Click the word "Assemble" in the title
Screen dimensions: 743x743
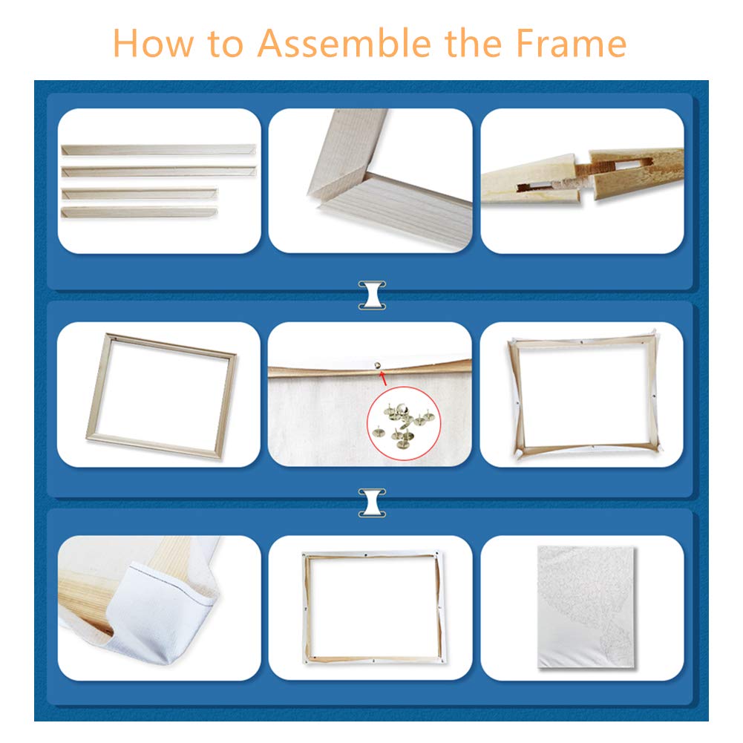(x=344, y=43)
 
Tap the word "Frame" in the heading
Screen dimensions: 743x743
(x=571, y=43)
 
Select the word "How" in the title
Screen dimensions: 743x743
(x=154, y=43)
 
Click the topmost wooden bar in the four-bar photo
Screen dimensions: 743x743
(x=158, y=150)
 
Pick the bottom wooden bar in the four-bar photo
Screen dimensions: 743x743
(x=139, y=212)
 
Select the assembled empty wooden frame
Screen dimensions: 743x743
(x=162, y=396)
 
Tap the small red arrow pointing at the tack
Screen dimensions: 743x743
(x=383, y=378)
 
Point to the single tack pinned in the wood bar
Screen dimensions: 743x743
(x=377, y=365)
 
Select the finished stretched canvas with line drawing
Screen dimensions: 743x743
(x=586, y=607)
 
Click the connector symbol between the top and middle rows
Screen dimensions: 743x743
(x=372, y=295)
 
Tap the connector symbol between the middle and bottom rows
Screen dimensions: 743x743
(x=372, y=503)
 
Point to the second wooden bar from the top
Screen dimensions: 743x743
(x=159, y=171)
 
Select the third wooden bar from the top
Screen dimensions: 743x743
(x=140, y=193)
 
